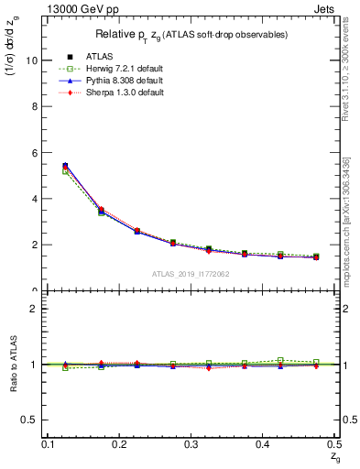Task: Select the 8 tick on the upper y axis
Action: pos(34,106)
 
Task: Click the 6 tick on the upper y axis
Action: pos(34,152)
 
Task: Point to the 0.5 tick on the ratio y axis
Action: pos(29,420)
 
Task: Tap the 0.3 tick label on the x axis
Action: pos(191,443)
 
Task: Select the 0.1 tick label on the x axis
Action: pos(48,443)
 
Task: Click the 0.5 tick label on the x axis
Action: pos(333,443)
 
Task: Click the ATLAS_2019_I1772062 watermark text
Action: pos(191,274)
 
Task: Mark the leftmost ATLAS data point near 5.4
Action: pos(65,166)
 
